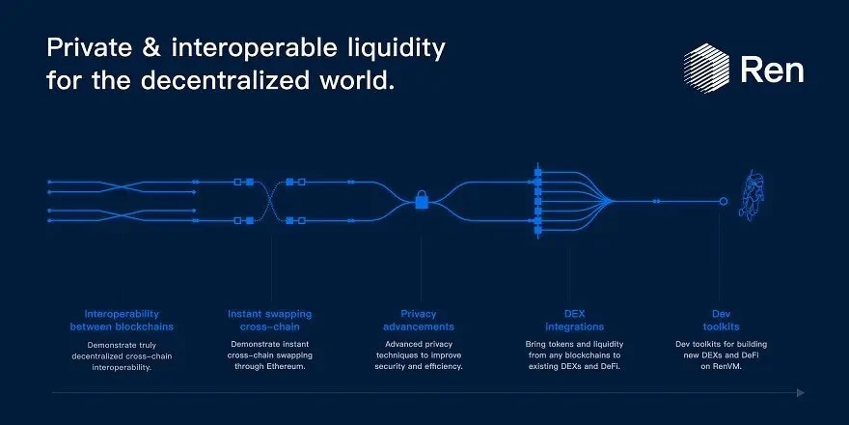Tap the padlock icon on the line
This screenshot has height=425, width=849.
pos(422,201)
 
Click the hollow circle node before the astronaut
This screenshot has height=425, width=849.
pos(723,201)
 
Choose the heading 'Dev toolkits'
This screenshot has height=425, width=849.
pos(722,321)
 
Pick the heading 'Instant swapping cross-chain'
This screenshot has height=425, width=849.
pos(270,321)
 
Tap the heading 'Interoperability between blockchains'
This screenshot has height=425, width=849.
pos(122,321)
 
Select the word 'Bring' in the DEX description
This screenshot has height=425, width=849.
pos(538,344)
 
